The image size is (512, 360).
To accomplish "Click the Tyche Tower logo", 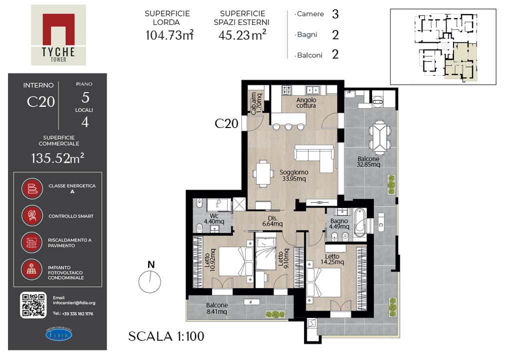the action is point(58,35).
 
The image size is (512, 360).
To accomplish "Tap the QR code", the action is point(33,305).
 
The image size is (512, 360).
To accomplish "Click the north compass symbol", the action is point(150,277).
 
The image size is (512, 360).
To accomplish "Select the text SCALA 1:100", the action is point(166,336).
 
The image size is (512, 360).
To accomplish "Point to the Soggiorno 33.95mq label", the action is point(294,175).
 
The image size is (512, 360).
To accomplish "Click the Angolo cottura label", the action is point(306,102).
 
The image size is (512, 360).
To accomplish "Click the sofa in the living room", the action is point(314,158).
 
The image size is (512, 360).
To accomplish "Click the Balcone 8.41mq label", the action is point(217,308).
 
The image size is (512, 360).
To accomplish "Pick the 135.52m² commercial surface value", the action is point(57,158).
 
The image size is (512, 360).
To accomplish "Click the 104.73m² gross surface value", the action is point(169,35).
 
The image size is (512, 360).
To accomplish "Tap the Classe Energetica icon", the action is point(32,188).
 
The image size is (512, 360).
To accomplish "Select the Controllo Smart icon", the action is point(32,215).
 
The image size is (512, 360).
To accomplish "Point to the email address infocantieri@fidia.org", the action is point(74,303).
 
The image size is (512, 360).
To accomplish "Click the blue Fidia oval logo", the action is point(59,334).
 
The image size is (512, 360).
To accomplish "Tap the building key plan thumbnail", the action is point(443,46).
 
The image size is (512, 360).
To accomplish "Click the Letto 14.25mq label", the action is point(332,259).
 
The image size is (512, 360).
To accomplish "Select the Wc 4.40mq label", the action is point(214,219).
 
